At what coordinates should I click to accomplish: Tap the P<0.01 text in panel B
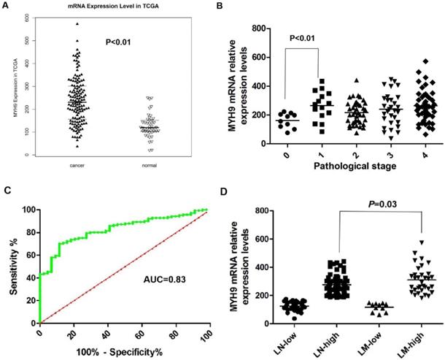[306, 37]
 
